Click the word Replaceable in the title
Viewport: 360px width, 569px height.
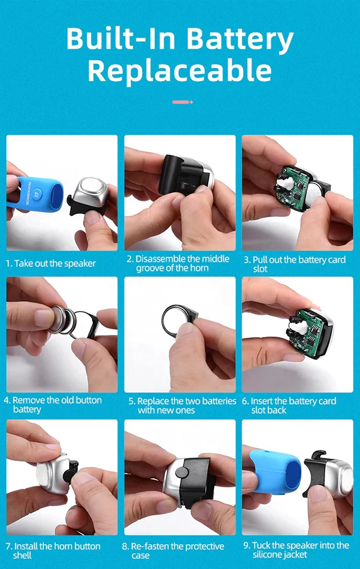[x=180, y=71]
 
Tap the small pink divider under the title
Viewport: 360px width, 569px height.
[x=182, y=102]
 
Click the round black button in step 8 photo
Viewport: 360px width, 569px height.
[x=181, y=472]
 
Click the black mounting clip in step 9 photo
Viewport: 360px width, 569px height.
[x=315, y=472]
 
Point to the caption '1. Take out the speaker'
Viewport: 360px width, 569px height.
[x=51, y=263]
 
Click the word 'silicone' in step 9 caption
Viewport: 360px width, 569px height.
[x=266, y=554]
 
